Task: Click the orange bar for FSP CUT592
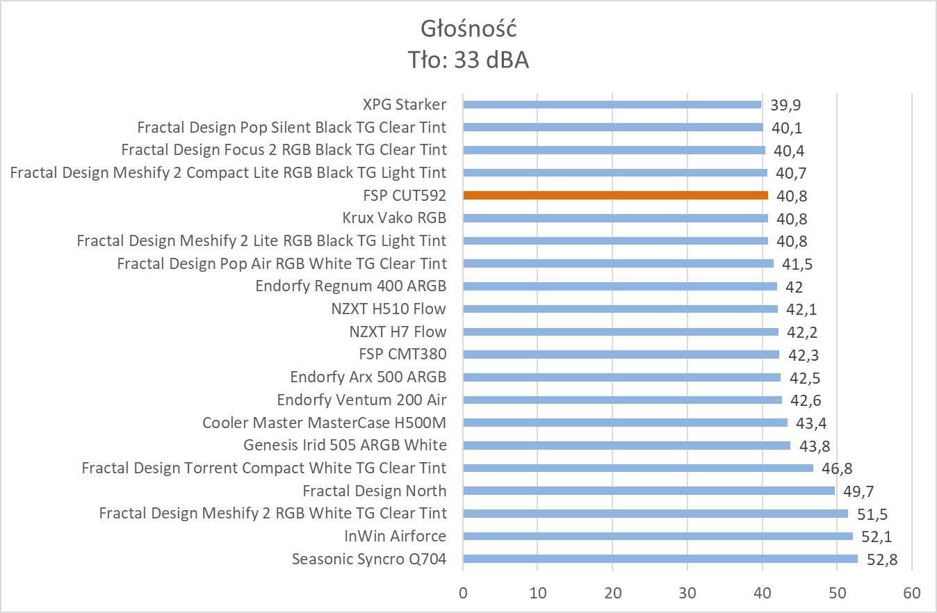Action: (x=615, y=195)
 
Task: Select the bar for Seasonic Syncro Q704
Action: (x=660, y=559)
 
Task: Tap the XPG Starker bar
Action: (x=612, y=104)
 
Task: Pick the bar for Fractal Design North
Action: (x=649, y=491)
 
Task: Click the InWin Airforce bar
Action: (x=658, y=536)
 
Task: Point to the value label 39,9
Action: (x=785, y=105)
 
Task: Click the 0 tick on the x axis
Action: (x=463, y=593)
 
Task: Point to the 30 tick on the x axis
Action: (x=687, y=593)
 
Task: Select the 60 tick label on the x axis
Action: (x=912, y=593)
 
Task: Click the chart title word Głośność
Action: (x=469, y=28)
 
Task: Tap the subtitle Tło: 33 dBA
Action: (x=469, y=60)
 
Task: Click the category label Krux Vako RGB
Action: (x=394, y=218)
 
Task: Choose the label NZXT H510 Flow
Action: (x=389, y=309)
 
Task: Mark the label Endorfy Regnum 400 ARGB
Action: (x=350, y=286)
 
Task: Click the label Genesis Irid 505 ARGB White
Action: (x=345, y=445)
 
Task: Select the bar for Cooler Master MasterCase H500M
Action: (x=625, y=423)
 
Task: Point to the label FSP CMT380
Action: (x=402, y=354)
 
